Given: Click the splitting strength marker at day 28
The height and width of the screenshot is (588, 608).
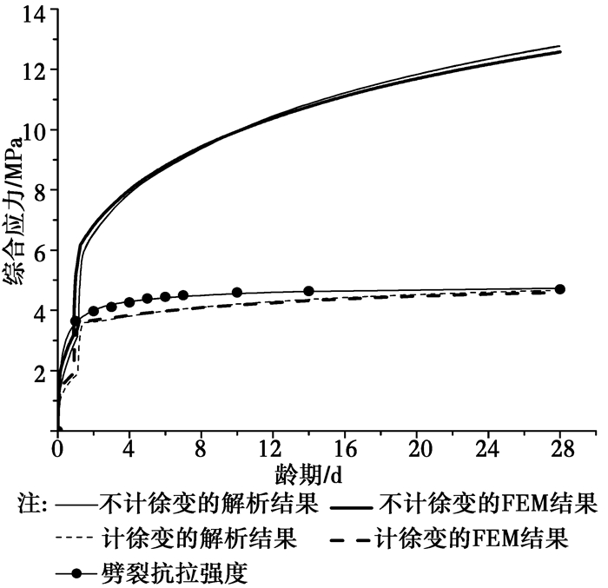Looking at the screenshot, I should pos(559,289).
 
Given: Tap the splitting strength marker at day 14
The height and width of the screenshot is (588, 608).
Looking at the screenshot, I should pos(308,292).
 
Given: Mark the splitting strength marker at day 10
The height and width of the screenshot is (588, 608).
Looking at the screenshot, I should pos(237,293).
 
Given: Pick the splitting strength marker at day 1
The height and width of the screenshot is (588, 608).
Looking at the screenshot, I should pos(76,321).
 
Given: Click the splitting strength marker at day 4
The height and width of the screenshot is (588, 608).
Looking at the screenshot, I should pos(129,302).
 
